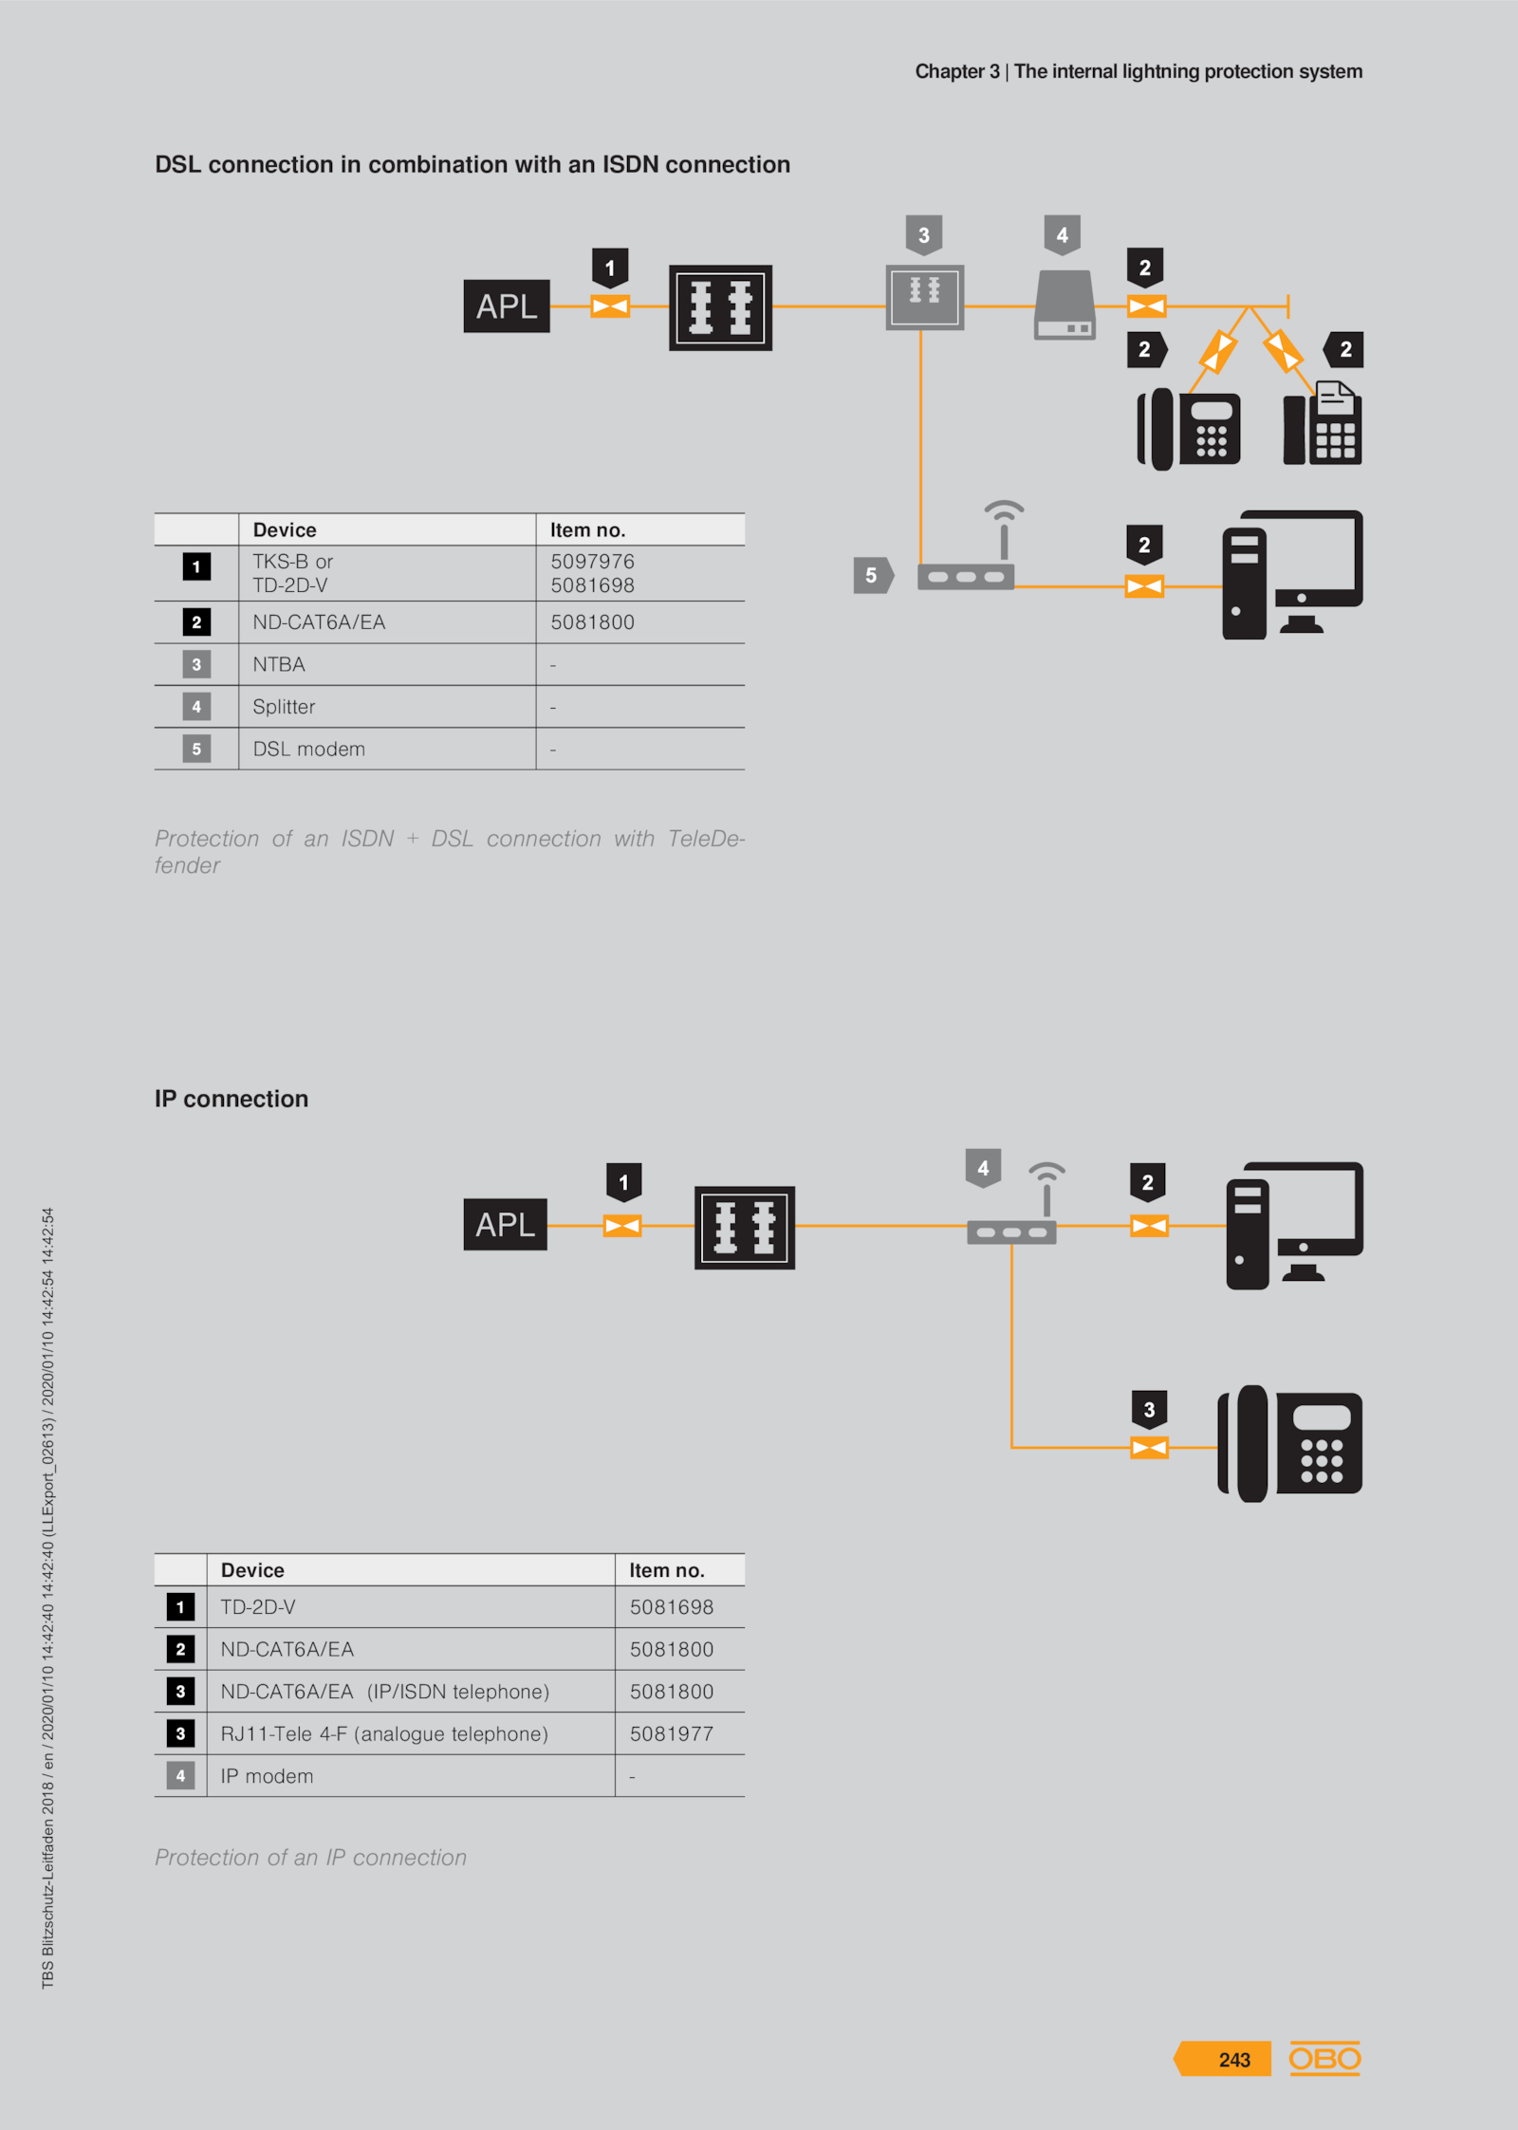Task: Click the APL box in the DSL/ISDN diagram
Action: click(507, 306)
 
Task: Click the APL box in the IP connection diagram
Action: click(506, 1224)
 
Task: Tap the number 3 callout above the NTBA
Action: click(924, 235)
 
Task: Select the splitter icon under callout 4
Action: click(1064, 305)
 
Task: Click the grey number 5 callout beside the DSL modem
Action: click(873, 575)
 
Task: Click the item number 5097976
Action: click(592, 562)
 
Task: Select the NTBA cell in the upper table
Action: click(279, 664)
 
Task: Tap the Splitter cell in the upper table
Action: click(284, 707)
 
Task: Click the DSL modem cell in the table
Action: click(308, 749)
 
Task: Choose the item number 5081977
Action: click(672, 1733)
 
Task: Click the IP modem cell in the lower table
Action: click(267, 1776)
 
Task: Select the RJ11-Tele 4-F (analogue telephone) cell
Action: click(384, 1733)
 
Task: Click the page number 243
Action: click(1234, 2059)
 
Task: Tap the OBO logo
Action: click(1324, 2058)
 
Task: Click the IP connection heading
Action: click(231, 1099)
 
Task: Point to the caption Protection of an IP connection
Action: click(311, 1857)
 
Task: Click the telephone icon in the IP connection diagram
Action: click(1289, 1443)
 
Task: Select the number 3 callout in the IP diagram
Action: click(1150, 1410)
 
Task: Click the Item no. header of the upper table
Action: click(587, 529)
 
